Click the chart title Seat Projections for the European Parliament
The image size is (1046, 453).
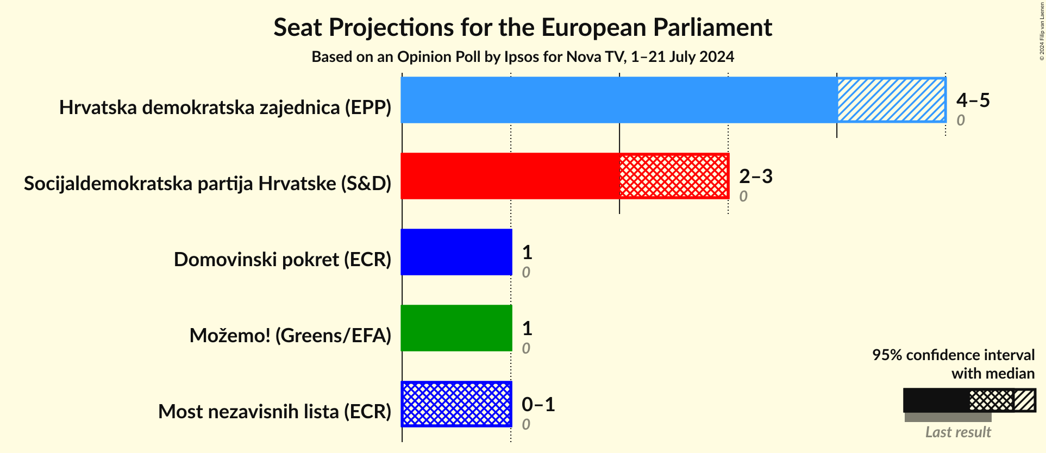tap(522, 27)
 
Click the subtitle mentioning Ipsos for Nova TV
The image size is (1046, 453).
tap(522, 56)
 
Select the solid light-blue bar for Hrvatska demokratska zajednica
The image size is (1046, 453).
tap(618, 100)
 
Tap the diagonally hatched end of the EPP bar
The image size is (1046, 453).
tap(891, 100)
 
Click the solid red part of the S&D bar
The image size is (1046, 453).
tap(510, 176)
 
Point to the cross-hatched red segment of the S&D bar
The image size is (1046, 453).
tap(674, 176)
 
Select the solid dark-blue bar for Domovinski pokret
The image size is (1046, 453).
tap(456, 252)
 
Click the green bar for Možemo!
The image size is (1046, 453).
tap(456, 328)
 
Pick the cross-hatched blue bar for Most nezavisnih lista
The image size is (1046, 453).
tap(456, 404)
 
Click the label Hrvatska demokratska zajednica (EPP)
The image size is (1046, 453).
tap(225, 108)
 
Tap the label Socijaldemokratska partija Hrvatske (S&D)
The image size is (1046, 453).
tap(208, 184)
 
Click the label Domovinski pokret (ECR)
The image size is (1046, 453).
tap(283, 260)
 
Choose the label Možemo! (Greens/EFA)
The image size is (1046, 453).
tap(290, 336)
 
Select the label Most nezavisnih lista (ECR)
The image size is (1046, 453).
tap(274, 412)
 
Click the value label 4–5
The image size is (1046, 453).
tap(973, 100)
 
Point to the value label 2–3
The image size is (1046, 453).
tap(755, 176)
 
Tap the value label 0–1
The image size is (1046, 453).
tap(538, 404)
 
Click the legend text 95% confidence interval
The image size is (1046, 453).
tap(953, 355)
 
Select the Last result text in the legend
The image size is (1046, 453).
tap(958, 432)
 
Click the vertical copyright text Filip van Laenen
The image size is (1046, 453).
tap(1042, 30)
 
